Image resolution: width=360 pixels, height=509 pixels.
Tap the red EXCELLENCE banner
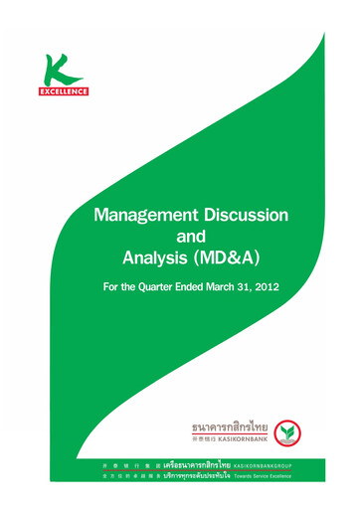click(x=67, y=91)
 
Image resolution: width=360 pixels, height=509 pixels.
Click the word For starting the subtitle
click(x=114, y=290)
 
